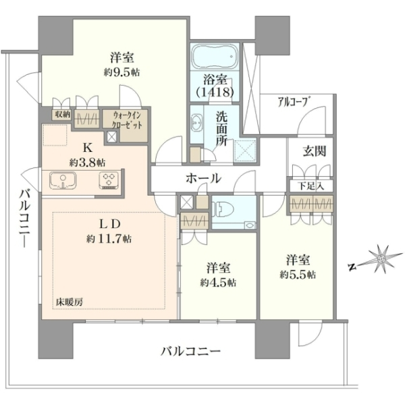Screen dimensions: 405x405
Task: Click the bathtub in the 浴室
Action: [x=215, y=56]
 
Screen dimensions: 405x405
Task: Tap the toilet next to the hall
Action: [x=222, y=208]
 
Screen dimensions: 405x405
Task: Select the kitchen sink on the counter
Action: [x=63, y=180]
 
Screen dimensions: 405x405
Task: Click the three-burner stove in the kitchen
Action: [x=109, y=180]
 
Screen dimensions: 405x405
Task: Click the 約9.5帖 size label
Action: [x=122, y=73]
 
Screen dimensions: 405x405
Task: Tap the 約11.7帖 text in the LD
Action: [x=109, y=239]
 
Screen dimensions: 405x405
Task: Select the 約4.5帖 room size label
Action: [x=218, y=283]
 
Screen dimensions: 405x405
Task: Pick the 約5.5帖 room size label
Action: [x=298, y=275]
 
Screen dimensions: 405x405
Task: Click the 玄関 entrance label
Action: [x=315, y=151]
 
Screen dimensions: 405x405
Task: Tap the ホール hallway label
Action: [x=204, y=178]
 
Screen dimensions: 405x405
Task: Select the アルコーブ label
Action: [x=294, y=102]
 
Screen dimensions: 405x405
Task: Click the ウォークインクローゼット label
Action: [x=126, y=120]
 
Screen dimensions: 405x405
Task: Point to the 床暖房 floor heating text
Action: [x=70, y=302]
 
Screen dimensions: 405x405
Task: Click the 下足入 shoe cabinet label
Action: [x=310, y=186]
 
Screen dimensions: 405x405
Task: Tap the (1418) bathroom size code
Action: [x=215, y=92]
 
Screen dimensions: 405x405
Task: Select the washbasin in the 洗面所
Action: [x=196, y=122]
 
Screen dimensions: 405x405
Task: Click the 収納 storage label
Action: [x=61, y=115]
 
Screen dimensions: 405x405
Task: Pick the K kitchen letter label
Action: [x=88, y=148]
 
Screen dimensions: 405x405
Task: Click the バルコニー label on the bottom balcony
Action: [x=190, y=351]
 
